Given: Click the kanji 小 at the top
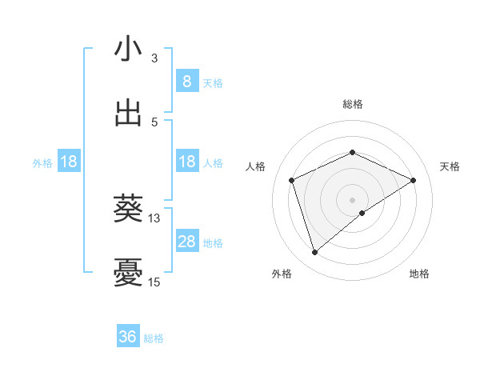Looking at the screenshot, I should (x=128, y=49).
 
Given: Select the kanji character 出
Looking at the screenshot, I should (x=128, y=113).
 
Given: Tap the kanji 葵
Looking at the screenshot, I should (x=128, y=209).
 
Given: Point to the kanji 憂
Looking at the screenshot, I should (x=128, y=273).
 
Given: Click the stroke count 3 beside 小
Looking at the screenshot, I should (x=154, y=58).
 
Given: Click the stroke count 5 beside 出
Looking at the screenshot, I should (x=154, y=122).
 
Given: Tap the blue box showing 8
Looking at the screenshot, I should (x=186, y=82).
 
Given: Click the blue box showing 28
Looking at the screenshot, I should (x=186, y=242).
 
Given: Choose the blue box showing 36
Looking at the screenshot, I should (x=128, y=337).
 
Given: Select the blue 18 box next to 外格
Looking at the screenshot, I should (x=69, y=162).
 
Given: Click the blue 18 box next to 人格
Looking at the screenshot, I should (x=186, y=162).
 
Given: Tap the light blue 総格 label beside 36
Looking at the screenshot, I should (x=154, y=338).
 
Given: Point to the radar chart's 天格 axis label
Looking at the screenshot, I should (x=450, y=166).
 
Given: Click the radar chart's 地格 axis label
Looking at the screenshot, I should (x=419, y=274).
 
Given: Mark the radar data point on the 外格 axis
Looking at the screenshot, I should (x=314, y=253).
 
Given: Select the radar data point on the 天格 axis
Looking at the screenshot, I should (x=414, y=180).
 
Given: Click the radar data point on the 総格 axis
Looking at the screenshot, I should (x=352, y=152).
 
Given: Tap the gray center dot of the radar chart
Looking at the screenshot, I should (x=352, y=199).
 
